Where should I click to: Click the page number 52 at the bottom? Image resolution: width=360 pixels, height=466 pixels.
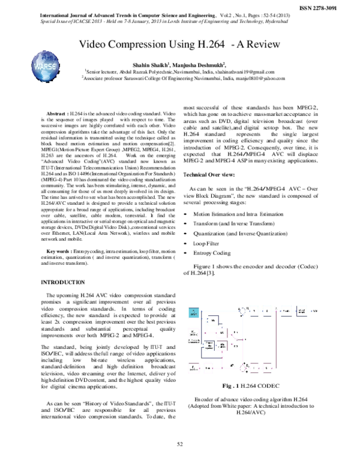click(x=179, y=443)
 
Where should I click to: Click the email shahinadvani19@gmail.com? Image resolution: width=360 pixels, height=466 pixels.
click(x=244, y=71)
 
